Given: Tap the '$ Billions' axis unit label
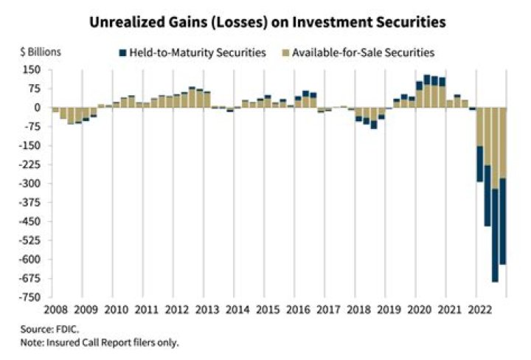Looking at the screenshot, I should coord(41,52).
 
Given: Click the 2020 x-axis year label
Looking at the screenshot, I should coord(418,311).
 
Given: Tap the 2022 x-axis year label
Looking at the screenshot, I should coord(479,311).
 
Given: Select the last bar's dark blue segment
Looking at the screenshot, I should coord(502,221).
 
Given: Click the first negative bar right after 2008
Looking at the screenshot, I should coord(55,110).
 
